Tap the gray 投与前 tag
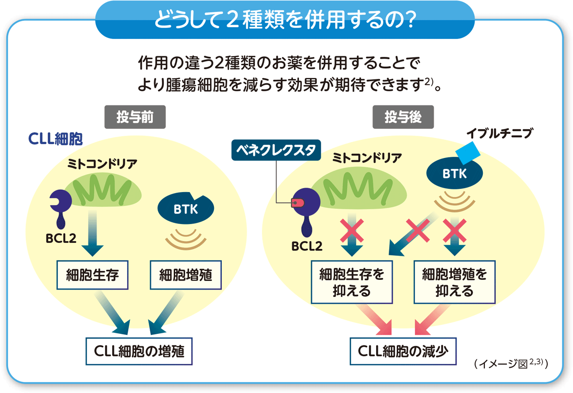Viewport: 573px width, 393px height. point(135,117)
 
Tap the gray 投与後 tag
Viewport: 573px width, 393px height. point(403,117)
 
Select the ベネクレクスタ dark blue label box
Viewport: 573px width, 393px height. point(276,151)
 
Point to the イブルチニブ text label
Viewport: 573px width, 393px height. point(499,134)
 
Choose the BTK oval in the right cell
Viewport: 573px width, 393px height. point(455,174)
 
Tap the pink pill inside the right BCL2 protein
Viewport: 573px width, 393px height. point(296,202)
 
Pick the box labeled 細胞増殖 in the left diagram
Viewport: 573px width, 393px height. point(185,275)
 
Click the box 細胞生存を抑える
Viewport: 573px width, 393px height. point(352,282)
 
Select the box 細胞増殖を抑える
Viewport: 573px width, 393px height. point(454,282)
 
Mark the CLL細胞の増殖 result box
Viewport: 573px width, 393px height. point(139,351)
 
